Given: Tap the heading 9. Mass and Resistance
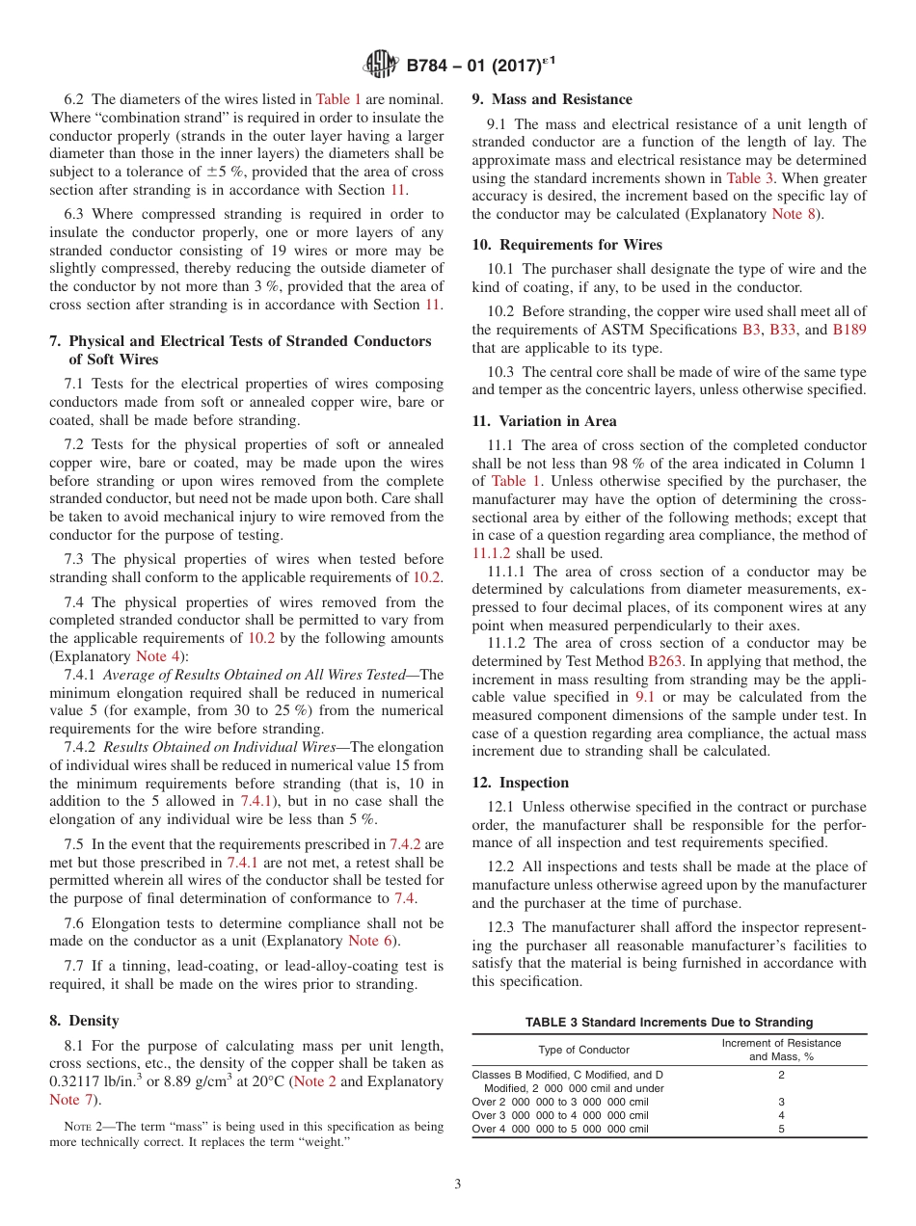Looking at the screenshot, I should (x=552, y=99).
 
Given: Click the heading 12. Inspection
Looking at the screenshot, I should (x=521, y=783).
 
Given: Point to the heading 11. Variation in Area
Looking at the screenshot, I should (x=544, y=421).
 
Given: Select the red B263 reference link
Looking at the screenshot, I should (x=664, y=661).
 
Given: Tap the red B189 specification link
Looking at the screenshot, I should (x=849, y=330).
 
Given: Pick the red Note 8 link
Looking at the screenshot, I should (x=792, y=214).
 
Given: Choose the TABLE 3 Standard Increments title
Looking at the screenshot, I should (x=668, y=1022).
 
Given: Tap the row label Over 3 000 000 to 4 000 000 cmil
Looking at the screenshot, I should (x=559, y=1115).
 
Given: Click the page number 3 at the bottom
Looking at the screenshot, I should (x=458, y=1185).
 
